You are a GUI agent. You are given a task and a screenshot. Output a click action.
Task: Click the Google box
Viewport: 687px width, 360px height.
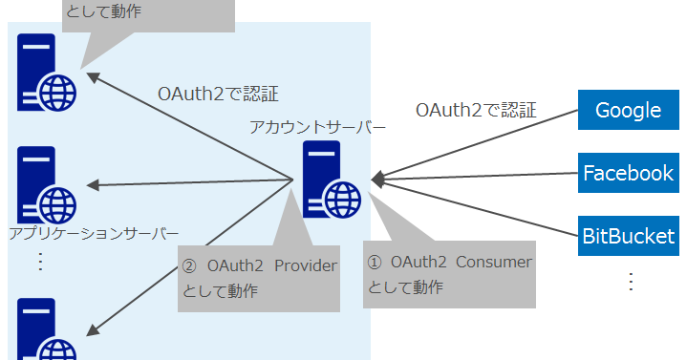click(x=629, y=110)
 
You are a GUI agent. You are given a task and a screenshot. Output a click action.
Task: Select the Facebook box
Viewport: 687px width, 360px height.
click(x=629, y=173)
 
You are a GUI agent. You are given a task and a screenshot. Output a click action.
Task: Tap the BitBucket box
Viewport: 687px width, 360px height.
click(x=629, y=236)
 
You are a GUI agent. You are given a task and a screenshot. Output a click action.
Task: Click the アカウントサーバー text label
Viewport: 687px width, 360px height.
click(x=318, y=127)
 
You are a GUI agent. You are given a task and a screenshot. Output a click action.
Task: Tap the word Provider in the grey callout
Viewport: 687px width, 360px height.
click(x=305, y=266)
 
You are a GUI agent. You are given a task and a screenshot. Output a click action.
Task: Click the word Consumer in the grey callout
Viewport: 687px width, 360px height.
click(x=493, y=262)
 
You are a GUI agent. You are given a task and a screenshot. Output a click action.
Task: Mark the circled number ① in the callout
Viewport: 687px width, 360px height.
click(x=375, y=262)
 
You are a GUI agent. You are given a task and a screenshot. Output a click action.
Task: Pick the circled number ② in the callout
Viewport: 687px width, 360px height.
click(x=188, y=266)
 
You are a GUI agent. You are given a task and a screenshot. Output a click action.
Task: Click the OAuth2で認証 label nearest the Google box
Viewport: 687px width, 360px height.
click(x=475, y=110)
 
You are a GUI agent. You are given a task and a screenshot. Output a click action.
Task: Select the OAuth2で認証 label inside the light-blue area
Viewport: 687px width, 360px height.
click(x=218, y=94)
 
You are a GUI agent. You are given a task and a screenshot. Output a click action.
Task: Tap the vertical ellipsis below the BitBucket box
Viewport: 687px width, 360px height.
click(x=631, y=282)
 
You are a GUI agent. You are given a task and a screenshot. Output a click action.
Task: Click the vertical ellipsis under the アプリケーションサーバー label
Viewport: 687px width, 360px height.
click(x=40, y=261)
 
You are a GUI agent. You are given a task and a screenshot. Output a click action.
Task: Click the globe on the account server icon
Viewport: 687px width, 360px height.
click(x=342, y=200)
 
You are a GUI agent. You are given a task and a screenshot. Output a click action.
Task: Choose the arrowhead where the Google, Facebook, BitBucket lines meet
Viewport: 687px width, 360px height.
click(x=377, y=178)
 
